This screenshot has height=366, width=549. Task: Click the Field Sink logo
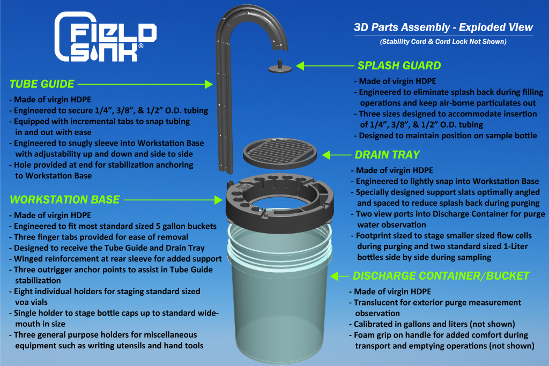(x=106, y=36)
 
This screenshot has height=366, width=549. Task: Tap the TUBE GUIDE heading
(x=42, y=84)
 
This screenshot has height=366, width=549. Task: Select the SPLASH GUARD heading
(x=399, y=66)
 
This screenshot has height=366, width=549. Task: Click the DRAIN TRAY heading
(x=387, y=155)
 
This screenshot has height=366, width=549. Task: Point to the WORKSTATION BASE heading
(x=64, y=199)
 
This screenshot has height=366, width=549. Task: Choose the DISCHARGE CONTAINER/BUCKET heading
(x=441, y=276)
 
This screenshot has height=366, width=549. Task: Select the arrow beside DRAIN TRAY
(x=336, y=155)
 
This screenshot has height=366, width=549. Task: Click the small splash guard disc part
(x=280, y=67)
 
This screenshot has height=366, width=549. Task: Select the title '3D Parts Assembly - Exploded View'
(x=443, y=27)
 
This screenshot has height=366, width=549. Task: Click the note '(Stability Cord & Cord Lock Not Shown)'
(x=443, y=42)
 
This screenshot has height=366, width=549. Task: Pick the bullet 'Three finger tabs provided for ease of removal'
(x=100, y=237)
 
